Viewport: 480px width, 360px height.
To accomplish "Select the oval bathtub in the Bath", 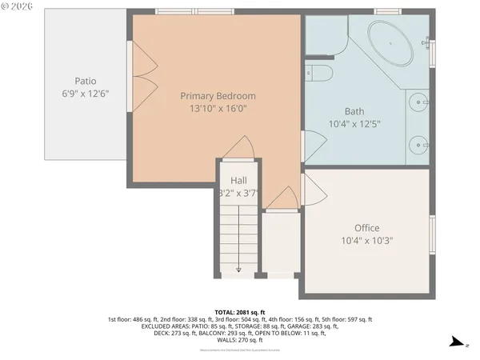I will [390, 45].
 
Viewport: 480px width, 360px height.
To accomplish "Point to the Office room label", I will [367, 228].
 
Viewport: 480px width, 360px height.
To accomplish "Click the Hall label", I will [238, 181].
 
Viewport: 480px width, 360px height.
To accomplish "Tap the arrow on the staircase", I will [238, 270].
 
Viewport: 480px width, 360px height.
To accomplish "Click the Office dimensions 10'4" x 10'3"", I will [367, 240].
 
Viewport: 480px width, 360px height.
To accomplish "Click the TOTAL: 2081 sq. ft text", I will [240, 312].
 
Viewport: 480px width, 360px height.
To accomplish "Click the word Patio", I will [86, 81].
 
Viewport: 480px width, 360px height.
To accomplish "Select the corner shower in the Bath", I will [325, 36].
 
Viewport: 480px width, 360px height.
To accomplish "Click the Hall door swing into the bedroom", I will [240, 148].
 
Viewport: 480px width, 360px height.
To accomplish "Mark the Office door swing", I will [314, 190].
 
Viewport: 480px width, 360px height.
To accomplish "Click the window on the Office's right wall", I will [432, 231].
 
